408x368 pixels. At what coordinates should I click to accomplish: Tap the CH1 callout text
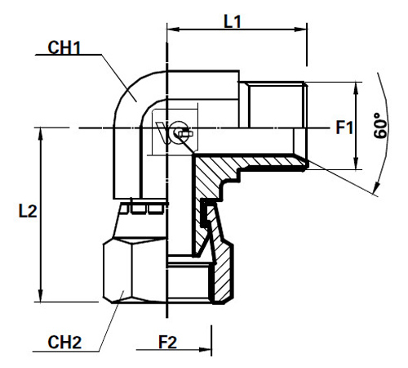[64, 48]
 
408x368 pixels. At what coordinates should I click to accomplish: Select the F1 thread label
[344, 128]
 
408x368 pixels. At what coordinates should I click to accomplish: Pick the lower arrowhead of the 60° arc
[375, 190]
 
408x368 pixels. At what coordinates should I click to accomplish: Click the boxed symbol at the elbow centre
[175, 131]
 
